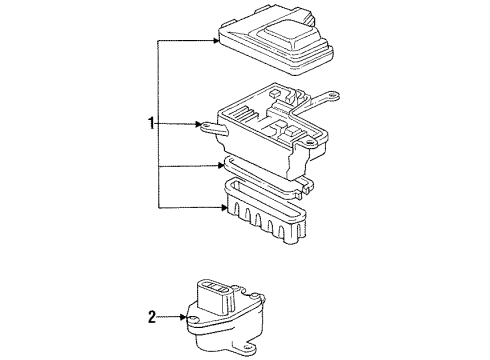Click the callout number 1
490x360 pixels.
click(150, 125)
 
